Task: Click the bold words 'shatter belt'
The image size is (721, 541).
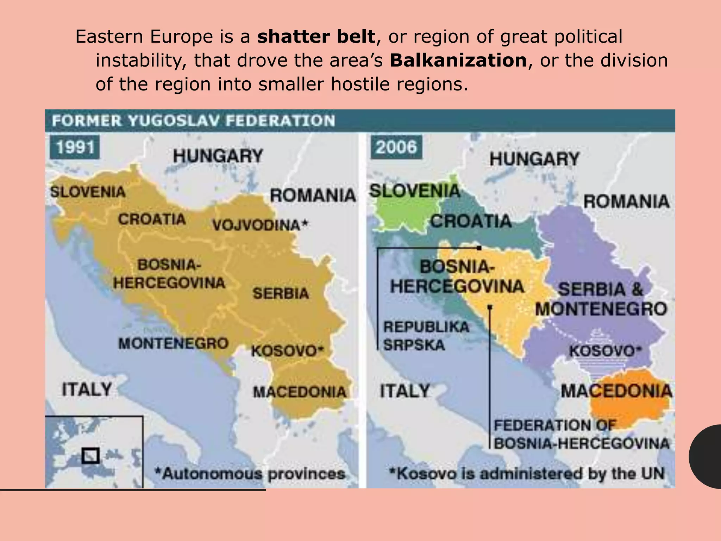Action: [316, 37]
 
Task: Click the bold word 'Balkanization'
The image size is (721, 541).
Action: [458, 61]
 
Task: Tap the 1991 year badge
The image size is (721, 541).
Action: [75, 147]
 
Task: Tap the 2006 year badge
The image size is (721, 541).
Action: [396, 147]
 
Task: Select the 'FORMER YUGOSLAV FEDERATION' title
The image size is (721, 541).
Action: [193, 121]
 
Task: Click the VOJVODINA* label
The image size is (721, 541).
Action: [260, 225]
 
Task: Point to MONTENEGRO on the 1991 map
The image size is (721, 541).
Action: [173, 343]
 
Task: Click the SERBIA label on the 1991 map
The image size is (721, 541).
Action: [281, 293]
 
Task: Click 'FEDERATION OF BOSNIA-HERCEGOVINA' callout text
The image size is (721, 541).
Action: [581, 434]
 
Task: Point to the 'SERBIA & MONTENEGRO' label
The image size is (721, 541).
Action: [601, 299]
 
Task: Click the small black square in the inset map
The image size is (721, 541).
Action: [90, 456]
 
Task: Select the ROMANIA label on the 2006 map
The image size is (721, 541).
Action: [626, 201]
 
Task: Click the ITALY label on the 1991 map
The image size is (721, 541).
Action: [87, 390]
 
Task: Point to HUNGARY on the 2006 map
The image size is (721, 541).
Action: [534, 159]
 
